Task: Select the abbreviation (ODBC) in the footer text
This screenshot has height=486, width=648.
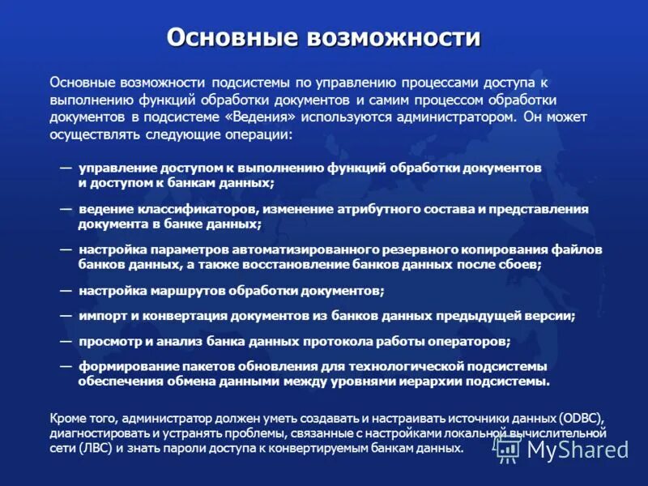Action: pos(582,418)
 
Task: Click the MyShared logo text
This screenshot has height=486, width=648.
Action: pos(578,449)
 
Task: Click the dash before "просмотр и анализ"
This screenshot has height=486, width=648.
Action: pos(66,340)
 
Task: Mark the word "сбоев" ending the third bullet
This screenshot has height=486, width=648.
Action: pos(521,264)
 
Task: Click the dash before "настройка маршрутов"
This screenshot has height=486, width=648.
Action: pos(66,289)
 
